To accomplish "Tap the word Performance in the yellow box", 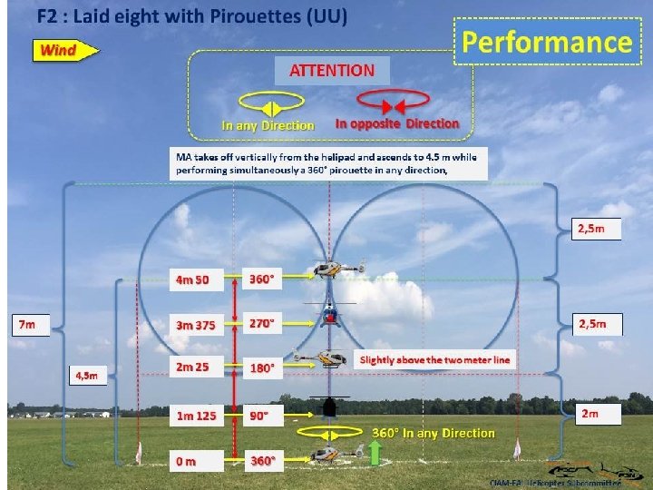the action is [546, 42].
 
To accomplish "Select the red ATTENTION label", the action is [332, 70].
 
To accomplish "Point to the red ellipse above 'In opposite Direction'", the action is [393, 100].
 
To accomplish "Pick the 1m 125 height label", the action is [197, 416].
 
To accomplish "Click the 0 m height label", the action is [186, 461].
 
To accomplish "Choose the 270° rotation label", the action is [263, 323].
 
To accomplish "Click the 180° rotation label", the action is [263, 368].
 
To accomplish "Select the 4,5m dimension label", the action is [87, 374].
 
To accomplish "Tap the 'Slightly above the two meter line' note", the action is [434, 360].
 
